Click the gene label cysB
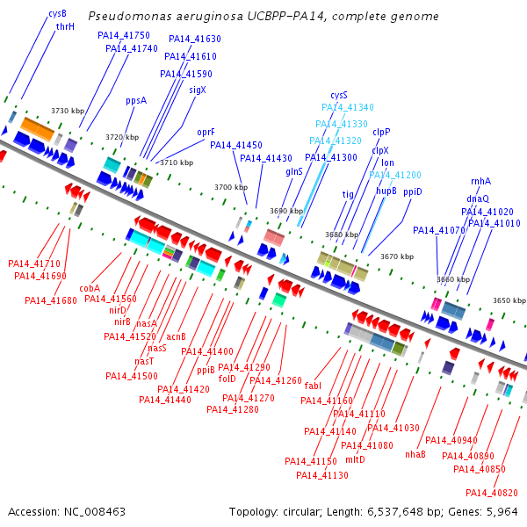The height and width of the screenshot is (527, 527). click(57, 14)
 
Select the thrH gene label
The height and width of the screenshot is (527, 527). click(65, 27)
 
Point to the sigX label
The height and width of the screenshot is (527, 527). click(198, 90)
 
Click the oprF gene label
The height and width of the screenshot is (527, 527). click(206, 133)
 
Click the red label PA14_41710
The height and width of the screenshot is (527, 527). click(34, 263)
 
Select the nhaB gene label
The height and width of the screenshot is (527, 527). click(415, 455)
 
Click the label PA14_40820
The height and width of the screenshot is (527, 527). click(492, 493)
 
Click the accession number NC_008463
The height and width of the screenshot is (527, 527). click(93, 511)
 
